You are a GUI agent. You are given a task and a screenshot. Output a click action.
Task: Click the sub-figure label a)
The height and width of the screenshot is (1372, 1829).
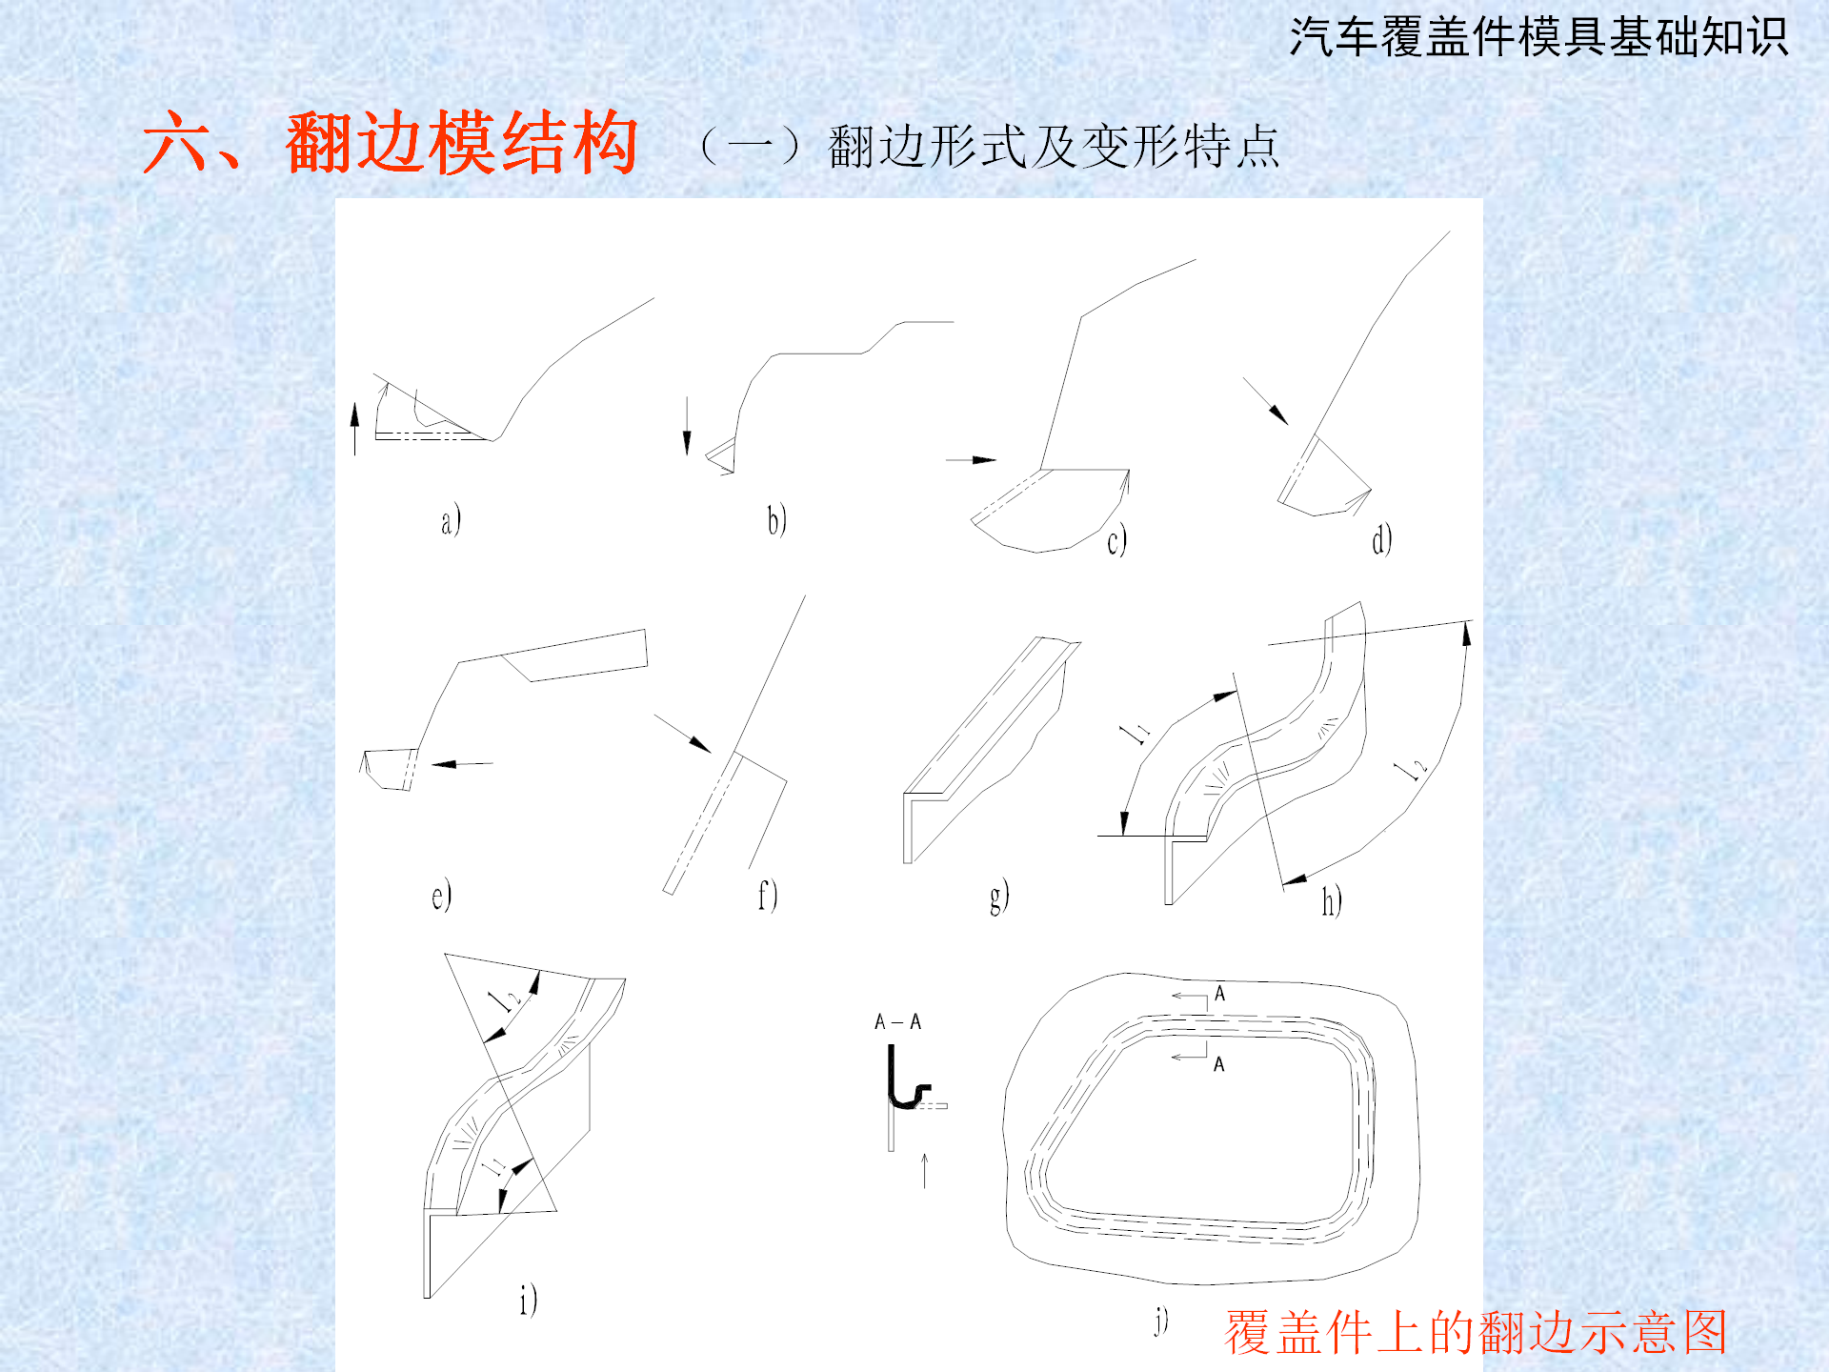click(451, 520)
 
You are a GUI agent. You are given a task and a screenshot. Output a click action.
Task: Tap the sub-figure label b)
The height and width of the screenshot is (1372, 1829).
click(777, 520)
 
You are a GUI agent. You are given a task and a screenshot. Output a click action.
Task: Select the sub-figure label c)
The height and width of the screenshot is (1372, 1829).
click(1116, 540)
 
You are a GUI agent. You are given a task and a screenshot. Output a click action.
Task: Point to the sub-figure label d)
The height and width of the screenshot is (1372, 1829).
click(1381, 539)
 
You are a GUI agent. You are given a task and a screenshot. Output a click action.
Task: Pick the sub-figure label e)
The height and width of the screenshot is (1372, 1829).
click(441, 896)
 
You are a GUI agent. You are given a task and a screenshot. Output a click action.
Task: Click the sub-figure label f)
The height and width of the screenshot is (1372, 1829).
click(768, 896)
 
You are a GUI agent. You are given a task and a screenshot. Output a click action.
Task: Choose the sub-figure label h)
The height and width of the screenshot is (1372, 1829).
click(1332, 900)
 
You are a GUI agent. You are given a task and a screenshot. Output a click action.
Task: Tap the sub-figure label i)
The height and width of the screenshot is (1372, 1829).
click(529, 1300)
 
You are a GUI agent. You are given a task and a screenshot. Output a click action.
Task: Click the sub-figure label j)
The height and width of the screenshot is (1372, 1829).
click(1161, 1321)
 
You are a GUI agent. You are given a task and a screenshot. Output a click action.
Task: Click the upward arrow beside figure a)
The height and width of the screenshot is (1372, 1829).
click(355, 429)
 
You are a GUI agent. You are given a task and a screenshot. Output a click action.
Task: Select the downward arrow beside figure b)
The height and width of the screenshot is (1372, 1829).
click(687, 426)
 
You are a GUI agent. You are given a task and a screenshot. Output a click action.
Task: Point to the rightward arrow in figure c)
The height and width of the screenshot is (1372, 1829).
click(971, 460)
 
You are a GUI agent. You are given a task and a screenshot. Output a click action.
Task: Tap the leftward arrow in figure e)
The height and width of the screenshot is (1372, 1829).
click(462, 764)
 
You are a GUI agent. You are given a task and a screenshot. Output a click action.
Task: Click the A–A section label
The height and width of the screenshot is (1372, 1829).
click(897, 1022)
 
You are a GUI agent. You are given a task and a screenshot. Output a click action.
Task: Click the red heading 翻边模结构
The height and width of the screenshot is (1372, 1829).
click(461, 143)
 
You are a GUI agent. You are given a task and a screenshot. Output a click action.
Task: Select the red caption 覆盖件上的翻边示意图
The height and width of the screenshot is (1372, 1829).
click(1476, 1332)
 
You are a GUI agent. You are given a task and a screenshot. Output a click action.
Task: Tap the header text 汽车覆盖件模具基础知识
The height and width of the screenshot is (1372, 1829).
click(1538, 38)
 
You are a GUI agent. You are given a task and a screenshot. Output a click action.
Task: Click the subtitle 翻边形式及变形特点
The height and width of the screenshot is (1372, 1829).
click(1054, 147)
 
